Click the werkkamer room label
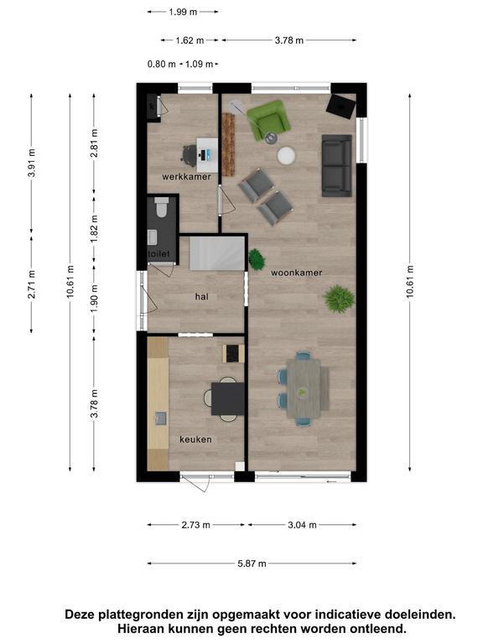[x=186, y=177]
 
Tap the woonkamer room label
[x=296, y=273]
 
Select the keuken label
[x=195, y=439]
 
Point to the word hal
[x=201, y=297]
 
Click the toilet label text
[x=158, y=254]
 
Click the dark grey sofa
[x=337, y=165]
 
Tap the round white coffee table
[x=286, y=156]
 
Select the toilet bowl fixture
[x=161, y=207]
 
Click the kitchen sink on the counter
[x=161, y=418]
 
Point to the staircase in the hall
[x=217, y=252]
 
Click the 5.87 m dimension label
[x=252, y=563]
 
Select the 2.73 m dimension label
[x=196, y=525]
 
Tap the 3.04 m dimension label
[x=302, y=525]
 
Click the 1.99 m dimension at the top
[x=183, y=12]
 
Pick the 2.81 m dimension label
[x=95, y=143]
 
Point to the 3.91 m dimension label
[x=32, y=163]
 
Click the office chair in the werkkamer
[x=189, y=155]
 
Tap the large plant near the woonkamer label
[x=339, y=299]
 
